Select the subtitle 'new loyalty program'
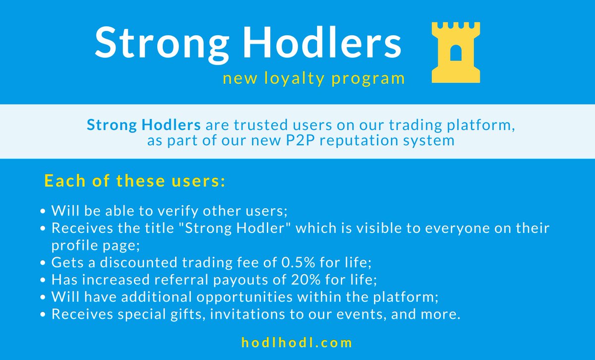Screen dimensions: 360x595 point(313,78)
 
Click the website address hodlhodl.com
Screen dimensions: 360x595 point(297,343)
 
